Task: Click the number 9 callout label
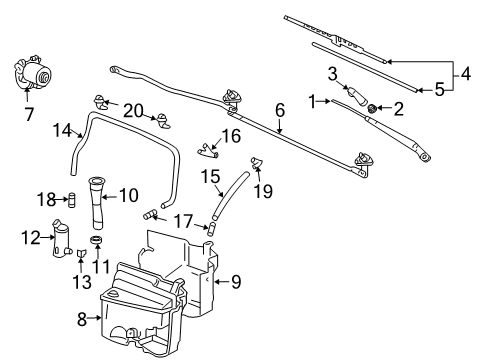pos(236,282)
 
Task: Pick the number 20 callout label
pos(133,110)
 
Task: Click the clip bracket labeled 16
pos(208,150)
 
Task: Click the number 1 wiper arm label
pos(313,100)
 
